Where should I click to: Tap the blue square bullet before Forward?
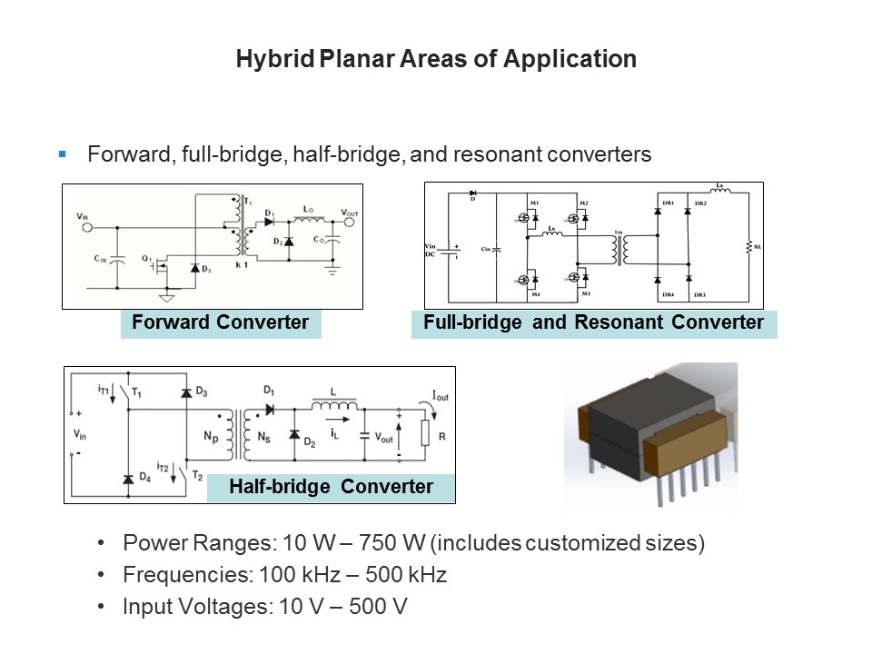click(x=63, y=154)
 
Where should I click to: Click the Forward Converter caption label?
click(x=220, y=322)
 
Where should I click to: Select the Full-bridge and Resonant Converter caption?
click(x=594, y=322)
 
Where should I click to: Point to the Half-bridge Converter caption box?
click(x=331, y=487)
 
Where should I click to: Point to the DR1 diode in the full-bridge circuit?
click(x=658, y=211)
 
